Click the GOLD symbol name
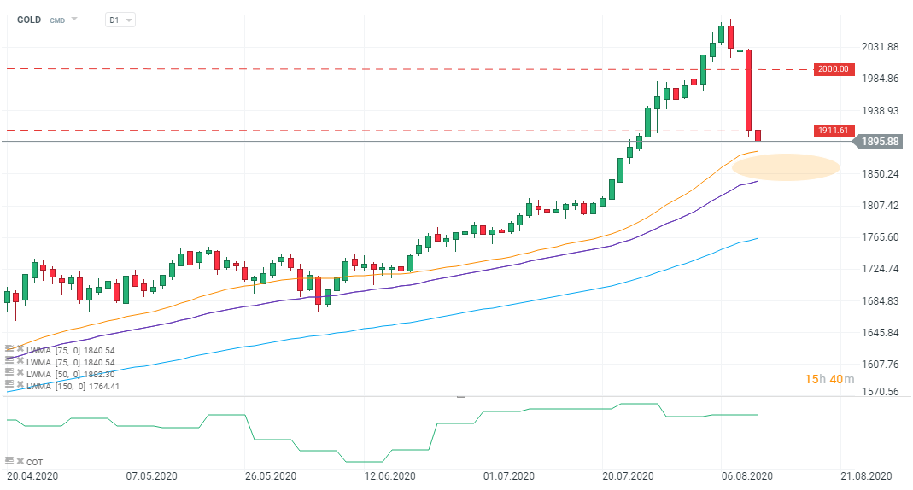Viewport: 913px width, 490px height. [30, 19]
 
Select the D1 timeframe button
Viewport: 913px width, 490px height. [114, 19]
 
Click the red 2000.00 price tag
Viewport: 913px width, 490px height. [834, 69]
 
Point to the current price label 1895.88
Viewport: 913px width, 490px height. [880, 141]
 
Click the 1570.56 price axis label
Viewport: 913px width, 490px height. [879, 392]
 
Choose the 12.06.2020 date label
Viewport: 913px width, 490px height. [389, 475]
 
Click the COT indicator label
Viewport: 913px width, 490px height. [34, 461]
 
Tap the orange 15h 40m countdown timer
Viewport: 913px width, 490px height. [828, 379]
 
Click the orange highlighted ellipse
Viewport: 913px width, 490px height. [786, 167]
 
